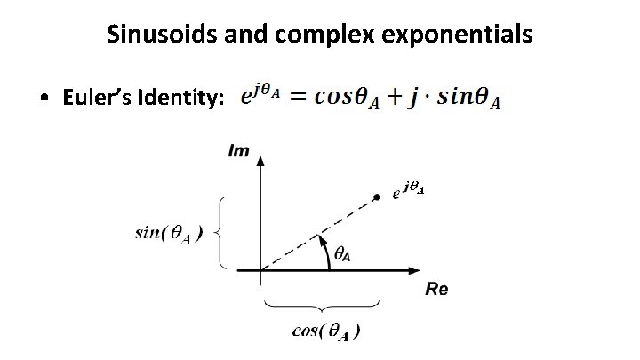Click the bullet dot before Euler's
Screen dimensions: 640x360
(x=44, y=100)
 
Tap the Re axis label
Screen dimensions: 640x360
(x=437, y=290)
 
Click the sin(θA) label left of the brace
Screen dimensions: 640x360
(x=168, y=234)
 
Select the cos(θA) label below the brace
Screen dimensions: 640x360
(x=327, y=332)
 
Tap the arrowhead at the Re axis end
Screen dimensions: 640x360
(x=416, y=269)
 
